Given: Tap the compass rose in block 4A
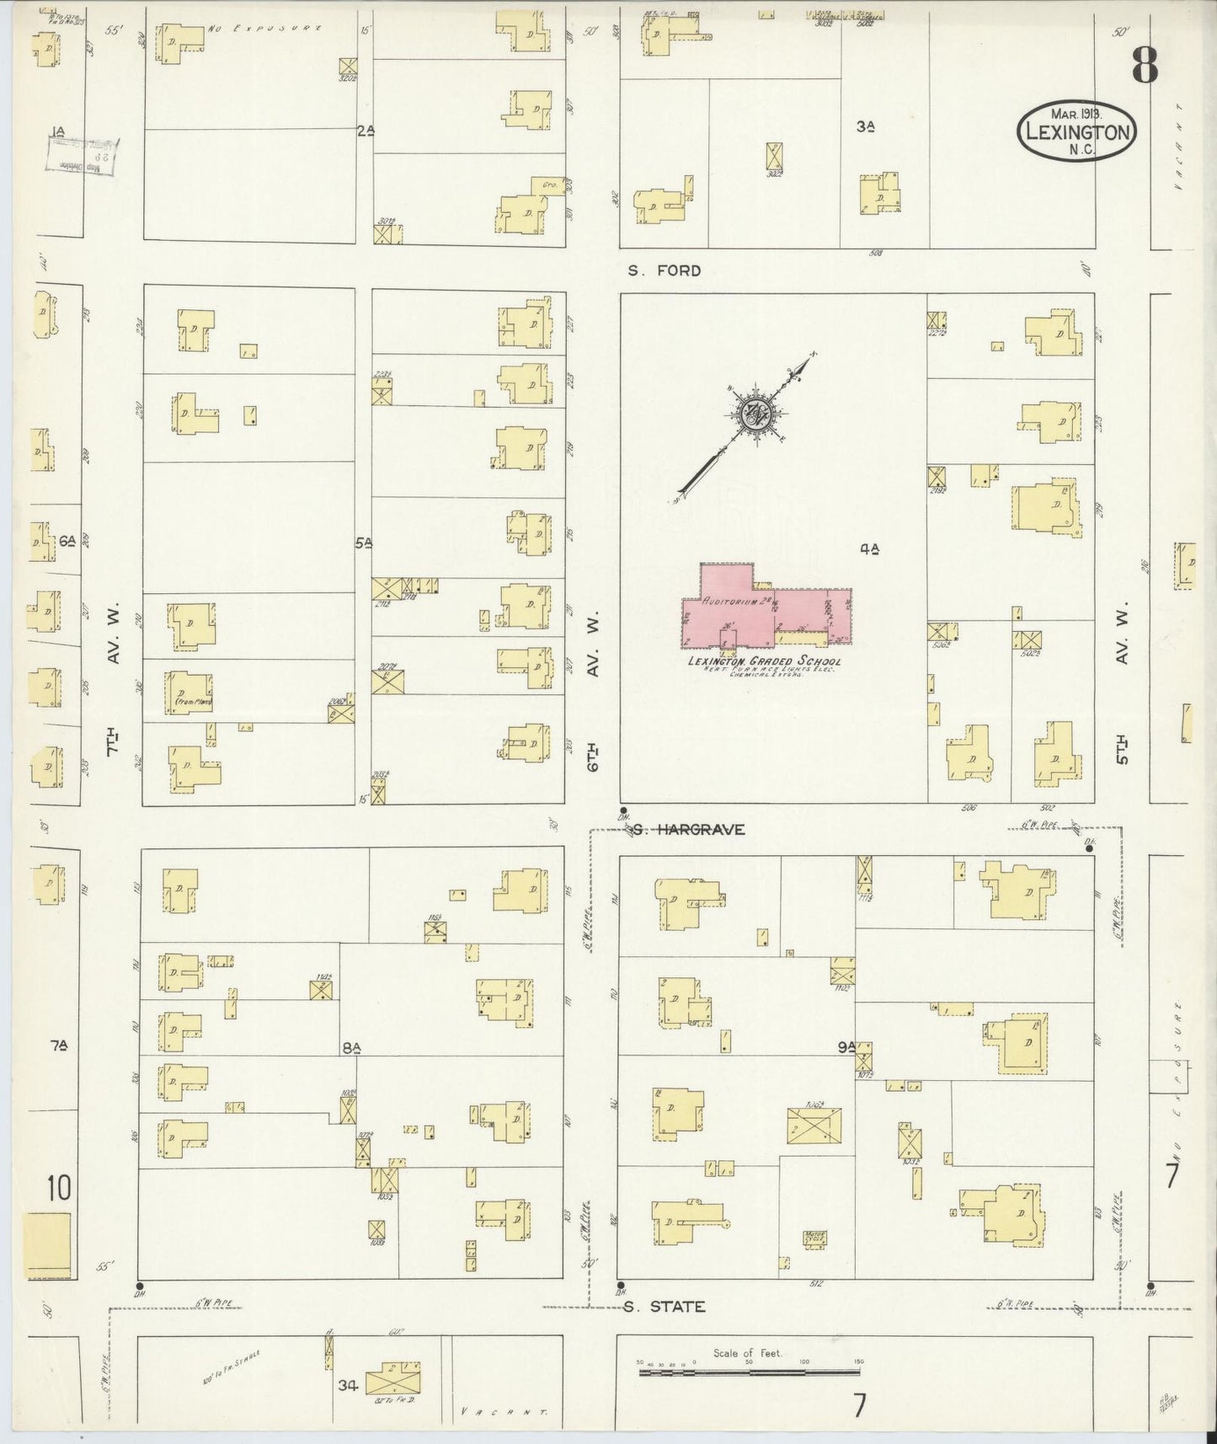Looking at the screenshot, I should point(753,414).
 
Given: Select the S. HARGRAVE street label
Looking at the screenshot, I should point(689,829).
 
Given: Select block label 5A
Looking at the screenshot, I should point(363,544).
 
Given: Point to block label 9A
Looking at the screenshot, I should point(846,1048).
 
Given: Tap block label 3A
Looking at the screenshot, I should point(865,126).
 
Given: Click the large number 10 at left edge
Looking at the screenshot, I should point(58,1190).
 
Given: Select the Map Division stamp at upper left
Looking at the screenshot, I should point(82,156).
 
